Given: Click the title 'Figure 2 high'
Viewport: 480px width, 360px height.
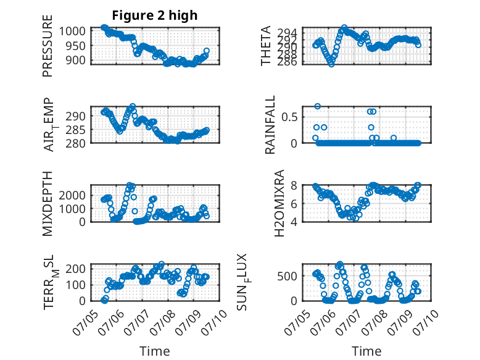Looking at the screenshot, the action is [x=155, y=15].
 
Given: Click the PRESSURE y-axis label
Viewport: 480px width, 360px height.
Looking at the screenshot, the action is [x=48, y=46].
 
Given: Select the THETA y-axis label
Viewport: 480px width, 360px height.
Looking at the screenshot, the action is [x=266, y=46].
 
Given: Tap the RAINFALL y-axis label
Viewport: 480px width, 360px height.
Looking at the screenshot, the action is [x=270, y=125].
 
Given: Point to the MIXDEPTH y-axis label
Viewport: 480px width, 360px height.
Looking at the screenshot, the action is [x=48, y=204].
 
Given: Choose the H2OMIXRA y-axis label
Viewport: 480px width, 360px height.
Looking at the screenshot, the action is [x=279, y=203].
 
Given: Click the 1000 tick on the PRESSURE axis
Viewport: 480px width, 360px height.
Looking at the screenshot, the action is [x=72, y=31].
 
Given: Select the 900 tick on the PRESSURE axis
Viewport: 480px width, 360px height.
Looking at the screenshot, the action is [x=76, y=61].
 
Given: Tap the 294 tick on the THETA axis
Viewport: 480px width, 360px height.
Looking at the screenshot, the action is [x=288, y=33].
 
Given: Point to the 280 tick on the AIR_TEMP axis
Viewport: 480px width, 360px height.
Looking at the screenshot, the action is [x=76, y=143].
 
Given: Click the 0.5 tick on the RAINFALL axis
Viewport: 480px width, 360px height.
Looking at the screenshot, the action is [x=289, y=117].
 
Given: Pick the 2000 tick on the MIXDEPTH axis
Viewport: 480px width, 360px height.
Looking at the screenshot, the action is [x=72, y=195].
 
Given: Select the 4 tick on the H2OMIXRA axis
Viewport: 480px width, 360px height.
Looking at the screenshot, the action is [x=294, y=222].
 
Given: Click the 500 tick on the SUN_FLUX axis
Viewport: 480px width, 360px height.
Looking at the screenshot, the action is [x=288, y=276].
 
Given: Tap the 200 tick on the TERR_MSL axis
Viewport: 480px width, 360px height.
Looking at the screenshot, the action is [x=76, y=269].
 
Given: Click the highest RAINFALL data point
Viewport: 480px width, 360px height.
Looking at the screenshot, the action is [x=318, y=106].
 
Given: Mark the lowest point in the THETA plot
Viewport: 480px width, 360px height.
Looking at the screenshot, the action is [x=331, y=64].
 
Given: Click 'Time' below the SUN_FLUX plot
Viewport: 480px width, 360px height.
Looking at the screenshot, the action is [x=366, y=351].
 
